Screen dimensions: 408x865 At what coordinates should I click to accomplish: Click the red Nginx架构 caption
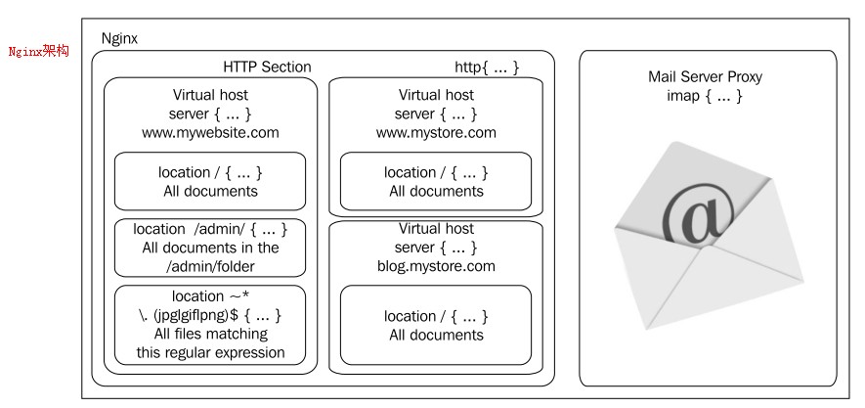coord(38,52)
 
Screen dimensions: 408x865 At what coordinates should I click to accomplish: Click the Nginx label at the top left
coord(119,38)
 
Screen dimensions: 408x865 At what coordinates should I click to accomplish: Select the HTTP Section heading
coord(267,68)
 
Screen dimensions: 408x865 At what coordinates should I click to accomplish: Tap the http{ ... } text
coord(487,68)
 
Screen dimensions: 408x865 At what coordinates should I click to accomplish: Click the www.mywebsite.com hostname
coord(210,132)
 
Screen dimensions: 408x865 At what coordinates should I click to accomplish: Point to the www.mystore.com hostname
coord(436,132)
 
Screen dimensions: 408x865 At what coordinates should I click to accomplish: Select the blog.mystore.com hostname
coord(436,266)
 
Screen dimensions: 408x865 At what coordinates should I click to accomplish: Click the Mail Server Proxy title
coord(705,76)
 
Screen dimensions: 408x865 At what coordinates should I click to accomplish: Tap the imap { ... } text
coord(705,96)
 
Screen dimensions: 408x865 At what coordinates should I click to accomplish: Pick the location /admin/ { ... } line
coord(210,229)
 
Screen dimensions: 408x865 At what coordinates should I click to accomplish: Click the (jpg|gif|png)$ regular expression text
coord(210,315)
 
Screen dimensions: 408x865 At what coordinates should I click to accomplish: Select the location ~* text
coord(210,296)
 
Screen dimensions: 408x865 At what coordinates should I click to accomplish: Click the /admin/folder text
coord(210,266)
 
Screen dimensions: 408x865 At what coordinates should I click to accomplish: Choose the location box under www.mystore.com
coord(436,181)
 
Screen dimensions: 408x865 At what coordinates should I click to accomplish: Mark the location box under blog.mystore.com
coord(436,325)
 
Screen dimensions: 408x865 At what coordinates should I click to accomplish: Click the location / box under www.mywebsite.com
coord(210,181)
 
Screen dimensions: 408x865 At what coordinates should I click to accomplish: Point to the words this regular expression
coord(210,352)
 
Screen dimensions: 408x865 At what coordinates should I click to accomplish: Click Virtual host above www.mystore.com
coord(436,95)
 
